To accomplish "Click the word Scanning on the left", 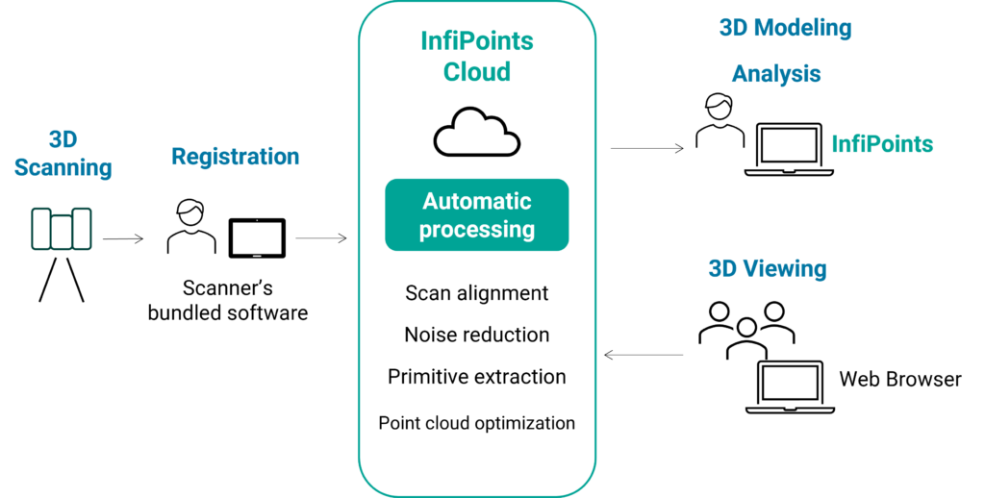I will (x=63, y=168).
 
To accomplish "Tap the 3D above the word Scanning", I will (x=63, y=140).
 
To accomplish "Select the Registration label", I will (x=235, y=157).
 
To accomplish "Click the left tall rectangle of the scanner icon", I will (x=41, y=229).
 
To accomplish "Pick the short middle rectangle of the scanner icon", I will (x=62, y=232).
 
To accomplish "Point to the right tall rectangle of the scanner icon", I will (x=82, y=229).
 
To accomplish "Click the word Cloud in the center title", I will (x=477, y=72).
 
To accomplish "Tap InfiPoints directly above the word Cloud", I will (x=477, y=42).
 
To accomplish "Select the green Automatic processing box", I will (x=477, y=215).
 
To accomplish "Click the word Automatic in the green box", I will (x=477, y=202).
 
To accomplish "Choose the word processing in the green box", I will (x=477, y=230).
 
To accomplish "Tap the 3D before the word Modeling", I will (x=734, y=29).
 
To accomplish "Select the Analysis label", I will (x=775, y=74).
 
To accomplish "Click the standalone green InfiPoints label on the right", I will (x=882, y=144).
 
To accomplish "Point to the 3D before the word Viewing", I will (x=722, y=269).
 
